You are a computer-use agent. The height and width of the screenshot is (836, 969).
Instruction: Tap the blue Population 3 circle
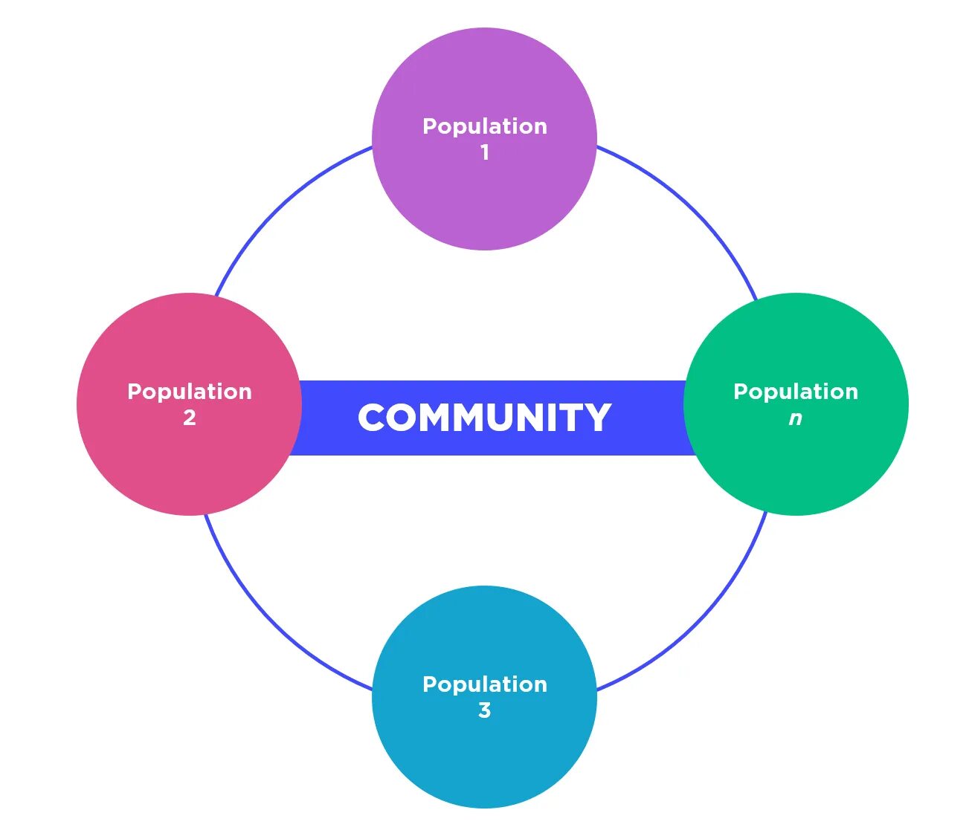(x=484, y=758)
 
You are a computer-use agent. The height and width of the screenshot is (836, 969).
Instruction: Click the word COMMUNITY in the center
(x=484, y=418)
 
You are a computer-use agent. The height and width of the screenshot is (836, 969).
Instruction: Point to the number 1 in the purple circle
(x=485, y=152)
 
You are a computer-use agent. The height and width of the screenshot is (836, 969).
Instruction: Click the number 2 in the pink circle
(x=190, y=418)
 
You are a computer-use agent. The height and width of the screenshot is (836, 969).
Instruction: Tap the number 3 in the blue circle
(x=485, y=710)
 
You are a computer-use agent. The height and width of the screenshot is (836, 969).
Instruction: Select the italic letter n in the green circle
(x=796, y=418)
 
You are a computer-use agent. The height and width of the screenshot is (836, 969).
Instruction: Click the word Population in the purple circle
(x=485, y=127)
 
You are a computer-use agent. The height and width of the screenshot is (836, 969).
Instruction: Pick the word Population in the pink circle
(x=190, y=392)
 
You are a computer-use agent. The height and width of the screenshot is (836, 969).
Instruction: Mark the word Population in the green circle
(x=796, y=392)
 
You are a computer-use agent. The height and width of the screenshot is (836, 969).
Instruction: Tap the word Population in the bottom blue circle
(x=485, y=684)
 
